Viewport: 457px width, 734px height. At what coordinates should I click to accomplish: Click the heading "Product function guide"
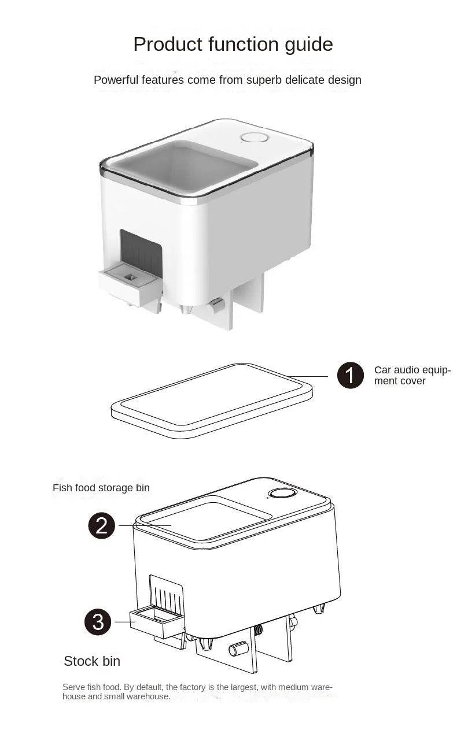[233, 45]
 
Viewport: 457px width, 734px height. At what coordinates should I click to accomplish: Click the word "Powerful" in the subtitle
[116, 80]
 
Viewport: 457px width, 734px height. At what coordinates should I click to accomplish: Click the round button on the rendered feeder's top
[255, 138]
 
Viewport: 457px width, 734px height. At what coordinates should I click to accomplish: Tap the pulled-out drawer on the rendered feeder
[130, 284]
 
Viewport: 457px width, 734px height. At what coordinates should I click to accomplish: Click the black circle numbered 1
[350, 376]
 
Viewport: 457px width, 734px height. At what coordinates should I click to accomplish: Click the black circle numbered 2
[102, 525]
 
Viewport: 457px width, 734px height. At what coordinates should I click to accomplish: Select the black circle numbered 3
[98, 621]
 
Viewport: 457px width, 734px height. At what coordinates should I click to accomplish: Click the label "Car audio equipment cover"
[412, 375]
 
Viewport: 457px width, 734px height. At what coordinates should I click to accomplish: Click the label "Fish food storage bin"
[101, 488]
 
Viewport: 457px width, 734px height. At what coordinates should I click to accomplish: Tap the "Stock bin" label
[92, 661]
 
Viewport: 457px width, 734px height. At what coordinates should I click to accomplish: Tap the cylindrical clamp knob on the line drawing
[238, 649]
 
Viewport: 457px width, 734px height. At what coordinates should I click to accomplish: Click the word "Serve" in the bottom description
[74, 687]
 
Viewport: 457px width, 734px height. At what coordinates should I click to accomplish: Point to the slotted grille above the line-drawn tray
[167, 592]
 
